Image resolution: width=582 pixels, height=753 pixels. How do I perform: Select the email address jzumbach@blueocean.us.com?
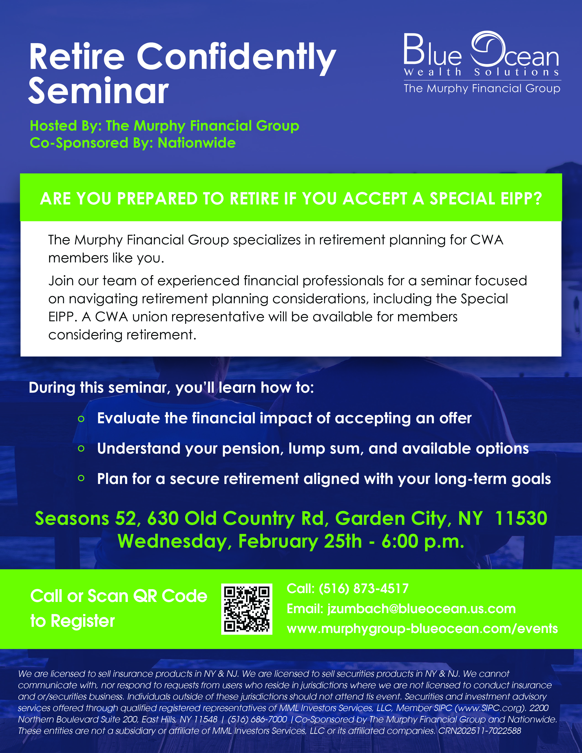[421, 609]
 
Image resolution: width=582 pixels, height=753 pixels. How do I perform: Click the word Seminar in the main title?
[99, 90]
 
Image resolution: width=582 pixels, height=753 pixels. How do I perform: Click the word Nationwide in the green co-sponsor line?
[197, 143]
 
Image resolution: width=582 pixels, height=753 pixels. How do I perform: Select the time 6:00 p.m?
[423, 541]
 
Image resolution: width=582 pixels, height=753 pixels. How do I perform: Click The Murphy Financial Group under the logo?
[482, 89]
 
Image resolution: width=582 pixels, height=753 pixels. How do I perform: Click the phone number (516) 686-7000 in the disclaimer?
[257, 719]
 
